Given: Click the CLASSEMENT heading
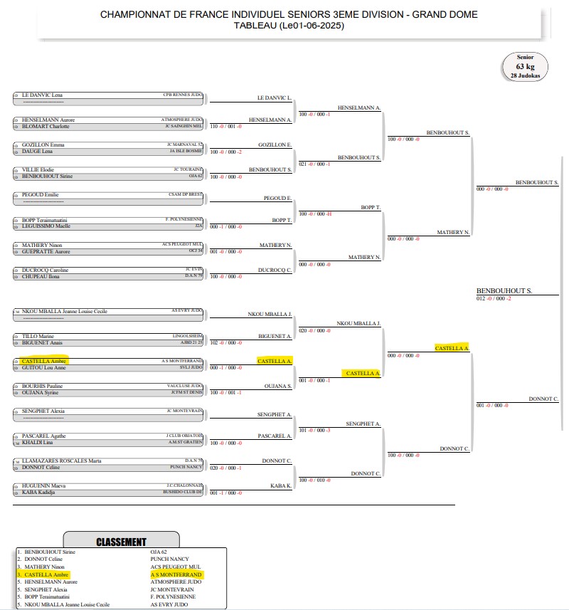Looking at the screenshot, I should [x=121, y=542].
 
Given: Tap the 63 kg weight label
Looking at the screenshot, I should [x=525, y=66].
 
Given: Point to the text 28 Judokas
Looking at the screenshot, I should [x=525, y=75].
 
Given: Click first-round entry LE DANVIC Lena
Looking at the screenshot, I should [x=43, y=94].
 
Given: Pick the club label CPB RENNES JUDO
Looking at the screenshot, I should [x=183, y=94].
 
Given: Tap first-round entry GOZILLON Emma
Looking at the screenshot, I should [x=43, y=144].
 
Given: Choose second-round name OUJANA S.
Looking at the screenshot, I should [x=279, y=386].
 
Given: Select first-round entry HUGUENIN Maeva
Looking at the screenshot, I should [x=45, y=486].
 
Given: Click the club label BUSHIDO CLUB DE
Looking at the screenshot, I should [x=184, y=492].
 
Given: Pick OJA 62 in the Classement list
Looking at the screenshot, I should [x=160, y=552].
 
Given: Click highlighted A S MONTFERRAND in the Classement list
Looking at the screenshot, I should [x=176, y=574].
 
